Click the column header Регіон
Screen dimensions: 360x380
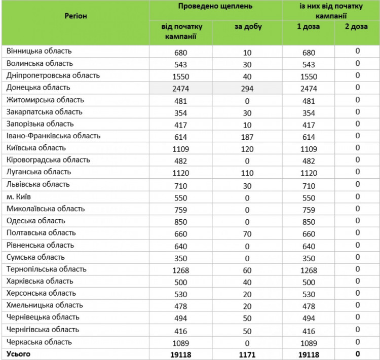76,16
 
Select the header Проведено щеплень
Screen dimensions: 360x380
215,7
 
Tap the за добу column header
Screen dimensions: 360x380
248,27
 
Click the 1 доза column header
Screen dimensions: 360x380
308,27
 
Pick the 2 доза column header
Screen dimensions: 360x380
357,27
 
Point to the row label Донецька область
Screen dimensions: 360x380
39,88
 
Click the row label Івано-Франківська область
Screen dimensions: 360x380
54,136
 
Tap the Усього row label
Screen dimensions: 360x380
18,354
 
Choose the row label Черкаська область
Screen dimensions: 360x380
40,342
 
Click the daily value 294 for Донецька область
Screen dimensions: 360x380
247,89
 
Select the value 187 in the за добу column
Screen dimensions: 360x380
247,137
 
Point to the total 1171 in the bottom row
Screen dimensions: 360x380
247,354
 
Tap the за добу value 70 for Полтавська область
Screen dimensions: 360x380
247,233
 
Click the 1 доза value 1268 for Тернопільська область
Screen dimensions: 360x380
308,269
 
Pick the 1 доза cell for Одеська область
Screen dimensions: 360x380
308,221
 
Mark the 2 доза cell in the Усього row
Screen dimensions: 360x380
357,354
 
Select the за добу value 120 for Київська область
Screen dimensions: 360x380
247,149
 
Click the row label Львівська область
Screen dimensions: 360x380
39,184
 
